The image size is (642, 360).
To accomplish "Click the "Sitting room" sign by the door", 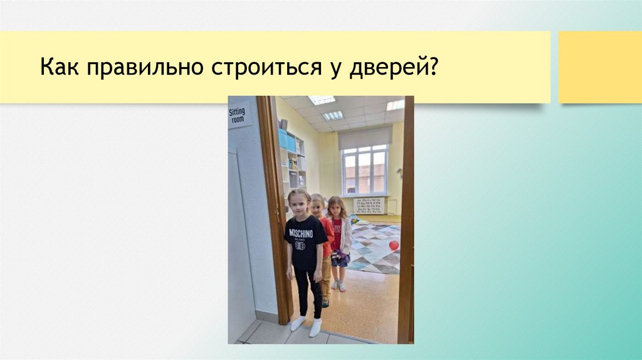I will (x=238, y=115).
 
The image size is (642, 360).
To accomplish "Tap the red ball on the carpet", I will (x=394, y=245).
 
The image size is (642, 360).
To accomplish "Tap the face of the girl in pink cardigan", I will (x=336, y=208).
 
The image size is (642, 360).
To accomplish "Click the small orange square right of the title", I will (x=599, y=66).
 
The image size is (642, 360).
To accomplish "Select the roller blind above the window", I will (x=365, y=137).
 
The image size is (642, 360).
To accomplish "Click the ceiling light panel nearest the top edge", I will (x=322, y=100).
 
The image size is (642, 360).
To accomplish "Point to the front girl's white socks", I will (x=306, y=325).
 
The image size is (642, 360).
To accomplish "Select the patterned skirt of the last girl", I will (x=340, y=258).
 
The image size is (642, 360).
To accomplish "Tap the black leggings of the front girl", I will (x=308, y=292).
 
